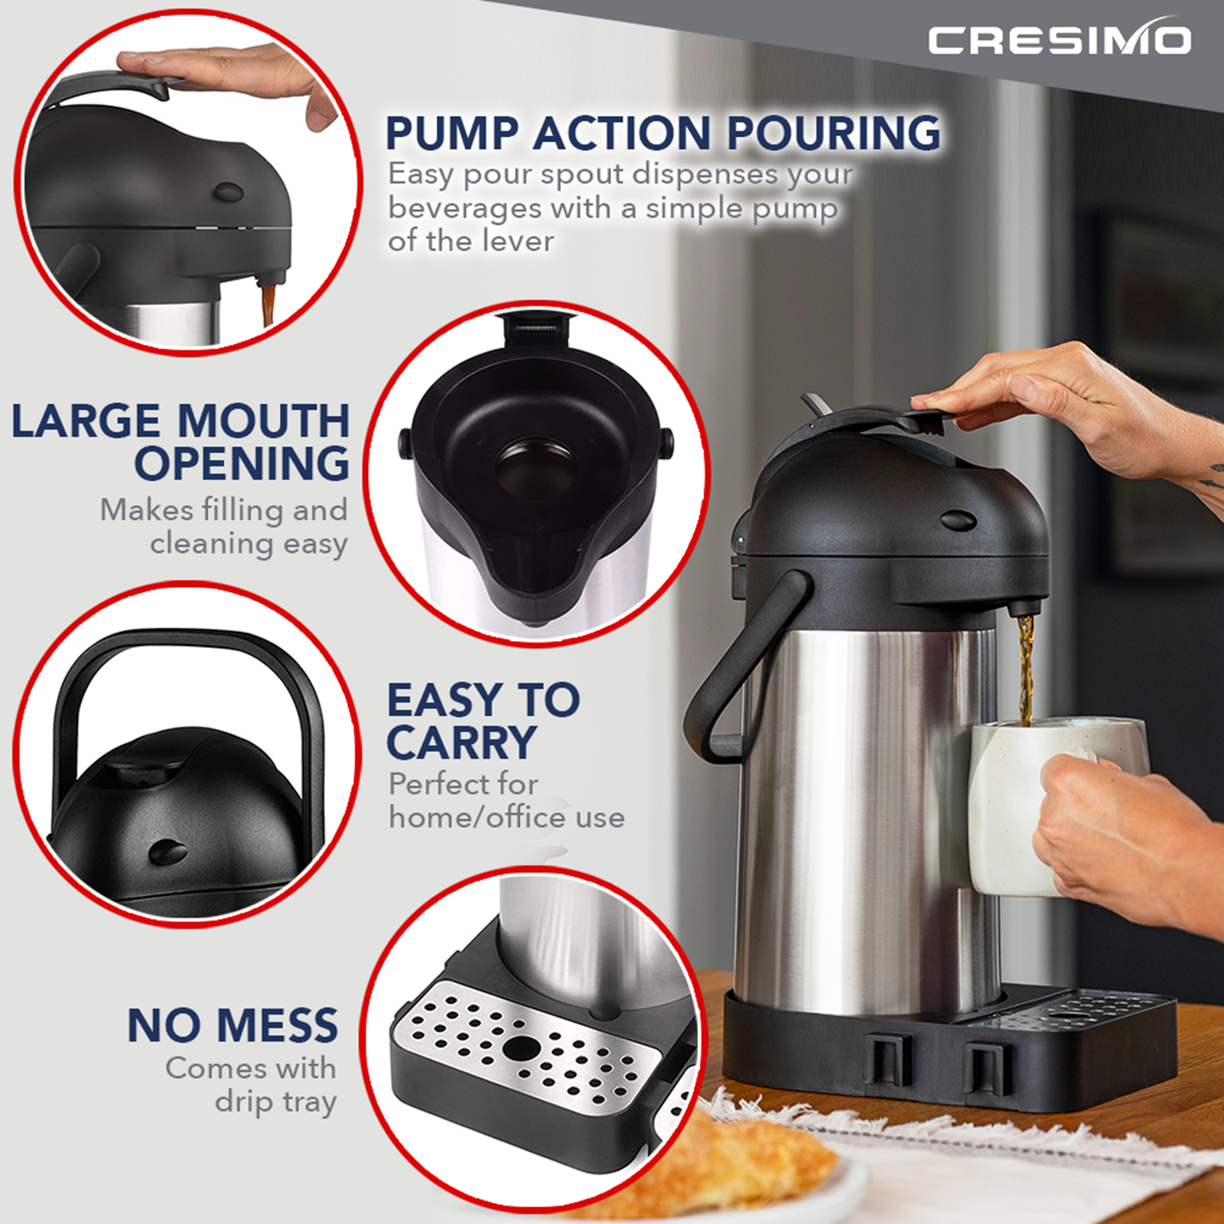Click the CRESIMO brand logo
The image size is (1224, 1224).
tap(1060, 40)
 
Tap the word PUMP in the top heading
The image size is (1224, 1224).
tap(452, 133)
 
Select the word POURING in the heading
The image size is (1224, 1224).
tap(833, 133)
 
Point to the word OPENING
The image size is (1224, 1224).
tap(242, 464)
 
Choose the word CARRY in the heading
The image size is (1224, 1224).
tap(461, 743)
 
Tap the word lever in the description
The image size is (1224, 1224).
tap(518, 242)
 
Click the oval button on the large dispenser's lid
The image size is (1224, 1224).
tap(958, 522)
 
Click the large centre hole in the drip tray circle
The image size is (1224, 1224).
tap(521, 1049)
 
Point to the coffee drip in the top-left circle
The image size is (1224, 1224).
tap(269, 303)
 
